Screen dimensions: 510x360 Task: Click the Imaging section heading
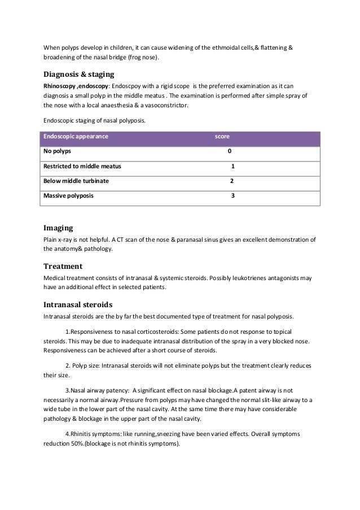[x=58, y=228]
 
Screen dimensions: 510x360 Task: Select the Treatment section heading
[x=63, y=266]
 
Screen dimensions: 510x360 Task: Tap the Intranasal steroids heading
[x=78, y=304]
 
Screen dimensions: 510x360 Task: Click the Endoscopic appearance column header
[x=76, y=137]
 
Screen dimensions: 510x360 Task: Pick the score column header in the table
[x=222, y=137]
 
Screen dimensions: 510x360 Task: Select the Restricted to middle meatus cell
[x=82, y=167]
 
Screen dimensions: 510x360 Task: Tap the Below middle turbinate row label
[x=76, y=181]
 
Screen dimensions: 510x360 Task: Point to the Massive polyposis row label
[x=69, y=196]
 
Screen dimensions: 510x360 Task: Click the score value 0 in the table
[x=229, y=152]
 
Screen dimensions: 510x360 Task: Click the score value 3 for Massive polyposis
[x=232, y=196]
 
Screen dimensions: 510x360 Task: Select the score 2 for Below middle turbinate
[x=231, y=181]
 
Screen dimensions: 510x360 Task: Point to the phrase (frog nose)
[x=143, y=58]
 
